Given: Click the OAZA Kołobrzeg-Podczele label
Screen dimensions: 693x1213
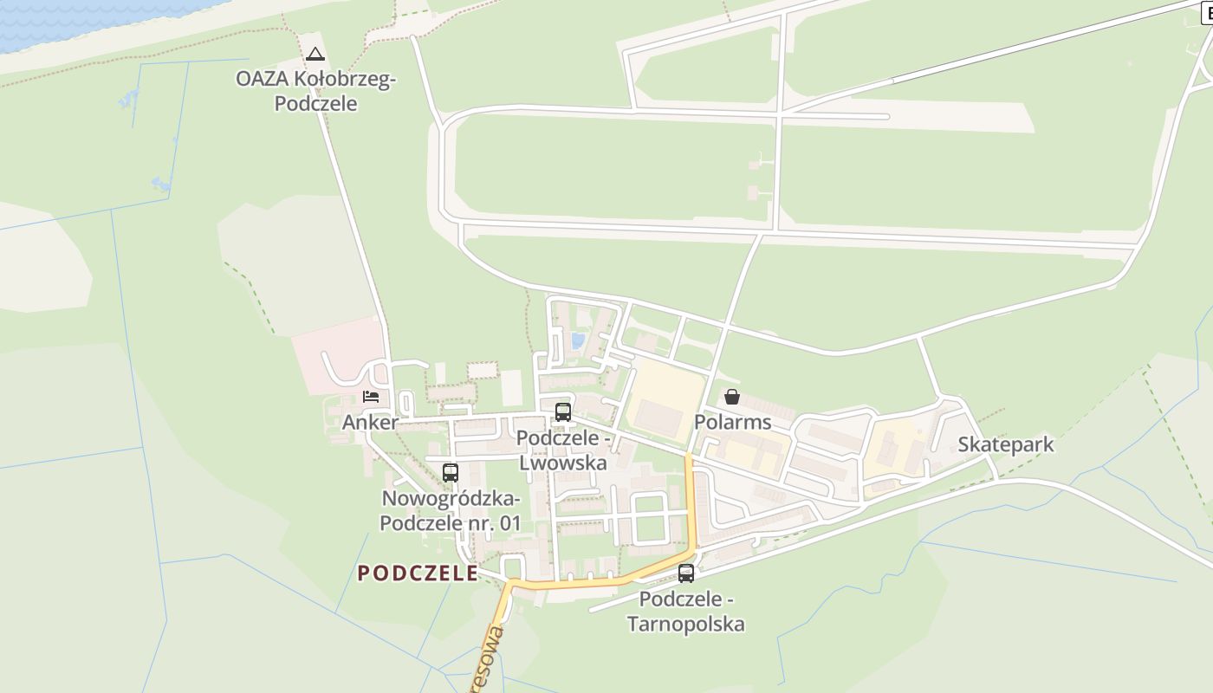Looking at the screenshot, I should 315,91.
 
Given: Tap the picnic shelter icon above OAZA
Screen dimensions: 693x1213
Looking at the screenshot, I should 315,55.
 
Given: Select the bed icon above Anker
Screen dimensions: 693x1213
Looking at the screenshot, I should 371,397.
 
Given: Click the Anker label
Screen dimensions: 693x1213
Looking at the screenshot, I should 371,423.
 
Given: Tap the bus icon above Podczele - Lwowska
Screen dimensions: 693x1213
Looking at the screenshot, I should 563,412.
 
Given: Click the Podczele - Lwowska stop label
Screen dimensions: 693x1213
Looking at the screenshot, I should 563,450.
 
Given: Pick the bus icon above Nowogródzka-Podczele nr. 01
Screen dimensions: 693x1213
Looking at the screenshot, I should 451,473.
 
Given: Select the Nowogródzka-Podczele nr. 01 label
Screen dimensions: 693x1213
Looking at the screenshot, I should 451,511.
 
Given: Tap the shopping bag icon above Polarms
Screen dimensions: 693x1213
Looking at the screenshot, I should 732,397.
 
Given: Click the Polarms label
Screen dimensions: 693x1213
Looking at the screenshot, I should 732,423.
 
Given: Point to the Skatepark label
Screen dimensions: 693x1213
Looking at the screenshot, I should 1006,445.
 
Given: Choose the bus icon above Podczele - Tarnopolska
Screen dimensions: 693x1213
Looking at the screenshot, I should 686,573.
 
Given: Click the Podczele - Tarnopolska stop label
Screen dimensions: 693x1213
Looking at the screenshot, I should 686,612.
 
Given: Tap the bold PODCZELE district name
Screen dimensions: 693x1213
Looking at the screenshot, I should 418,573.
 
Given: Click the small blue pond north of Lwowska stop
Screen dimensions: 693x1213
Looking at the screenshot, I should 577,341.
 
